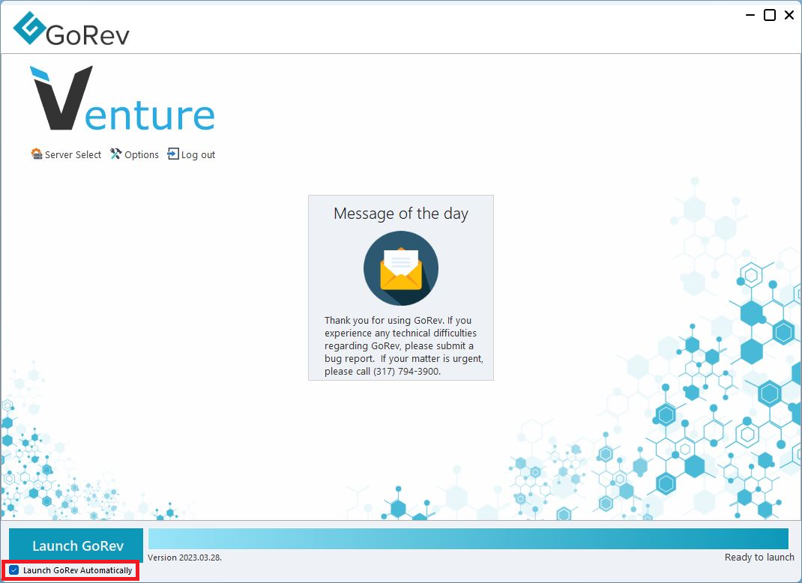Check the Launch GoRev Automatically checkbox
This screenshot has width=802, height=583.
click(14, 570)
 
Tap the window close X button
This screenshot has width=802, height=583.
click(789, 15)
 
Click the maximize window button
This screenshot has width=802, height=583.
click(769, 15)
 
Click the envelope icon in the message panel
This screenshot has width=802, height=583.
click(401, 268)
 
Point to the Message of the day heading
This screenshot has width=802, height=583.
click(401, 214)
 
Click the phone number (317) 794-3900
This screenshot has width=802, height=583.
click(407, 371)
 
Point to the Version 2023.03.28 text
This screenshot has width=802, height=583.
click(184, 558)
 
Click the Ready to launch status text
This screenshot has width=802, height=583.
click(759, 557)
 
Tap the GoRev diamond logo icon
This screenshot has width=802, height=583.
click(30, 28)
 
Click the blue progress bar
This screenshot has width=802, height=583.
click(468, 539)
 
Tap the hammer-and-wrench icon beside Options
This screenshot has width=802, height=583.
click(115, 154)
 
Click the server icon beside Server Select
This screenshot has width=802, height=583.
click(36, 154)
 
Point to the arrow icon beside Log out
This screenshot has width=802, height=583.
click(173, 154)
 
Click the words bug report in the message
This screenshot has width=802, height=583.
click(349, 358)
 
